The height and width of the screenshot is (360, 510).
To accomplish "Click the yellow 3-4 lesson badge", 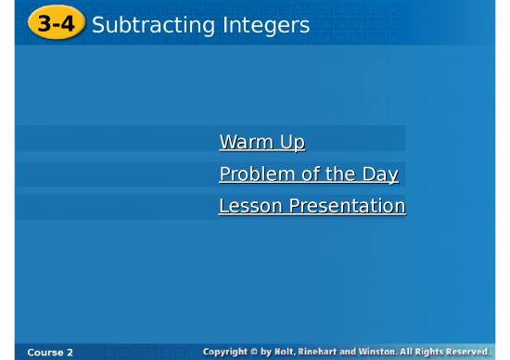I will point(56,24).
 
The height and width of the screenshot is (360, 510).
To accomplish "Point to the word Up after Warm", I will point(291,143).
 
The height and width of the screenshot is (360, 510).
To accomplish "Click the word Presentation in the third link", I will point(347,206).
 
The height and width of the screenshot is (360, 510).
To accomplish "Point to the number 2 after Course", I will point(70,353).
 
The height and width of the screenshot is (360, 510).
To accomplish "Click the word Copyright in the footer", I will point(228,352).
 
